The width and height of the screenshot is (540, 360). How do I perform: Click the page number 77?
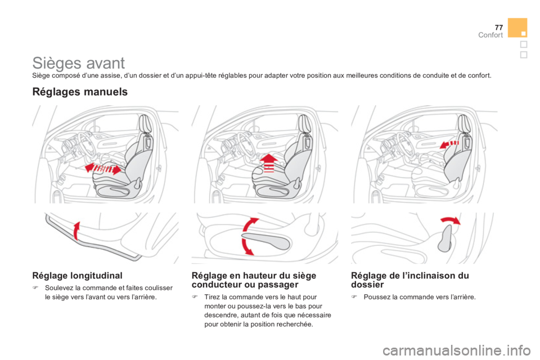pyautogui.click(x=499, y=28)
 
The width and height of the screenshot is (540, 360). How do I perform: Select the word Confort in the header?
pyautogui.click(x=490, y=35)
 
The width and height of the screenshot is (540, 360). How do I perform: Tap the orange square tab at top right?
pyautogui.click(x=517, y=28)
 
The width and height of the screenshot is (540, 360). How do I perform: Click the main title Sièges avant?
pyautogui.click(x=79, y=63)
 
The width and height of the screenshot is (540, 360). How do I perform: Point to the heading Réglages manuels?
pyautogui.click(x=80, y=92)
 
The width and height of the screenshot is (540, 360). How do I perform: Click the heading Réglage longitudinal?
pyautogui.click(x=78, y=276)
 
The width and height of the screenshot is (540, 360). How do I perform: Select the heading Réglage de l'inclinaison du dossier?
pyautogui.click(x=410, y=280)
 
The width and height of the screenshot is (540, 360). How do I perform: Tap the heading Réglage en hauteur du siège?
pyautogui.click(x=254, y=276)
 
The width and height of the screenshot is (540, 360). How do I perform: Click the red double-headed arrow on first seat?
pyautogui.click(x=103, y=168)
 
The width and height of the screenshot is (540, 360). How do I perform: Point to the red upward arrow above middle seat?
pyautogui.click(x=269, y=163)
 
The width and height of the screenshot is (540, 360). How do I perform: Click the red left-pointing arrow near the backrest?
pyautogui.click(x=449, y=144)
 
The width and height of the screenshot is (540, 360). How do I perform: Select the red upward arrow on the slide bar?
pyautogui.click(x=77, y=231)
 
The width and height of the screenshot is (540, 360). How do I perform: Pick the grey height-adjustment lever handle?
pyautogui.click(x=266, y=241)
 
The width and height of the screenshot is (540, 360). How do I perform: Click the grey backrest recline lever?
pyautogui.click(x=445, y=238)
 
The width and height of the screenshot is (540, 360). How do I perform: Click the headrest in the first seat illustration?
pyautogui.click(x=145, y=124)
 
